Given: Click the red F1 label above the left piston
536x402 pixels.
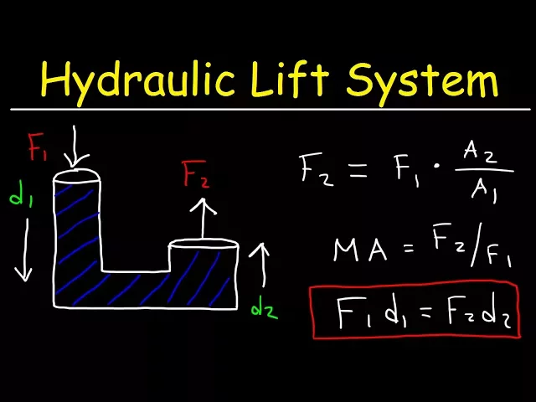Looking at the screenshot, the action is click(39, 147).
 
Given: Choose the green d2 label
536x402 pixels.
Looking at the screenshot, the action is click(263, 310).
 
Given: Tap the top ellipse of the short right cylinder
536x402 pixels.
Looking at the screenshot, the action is click(204, 245).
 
